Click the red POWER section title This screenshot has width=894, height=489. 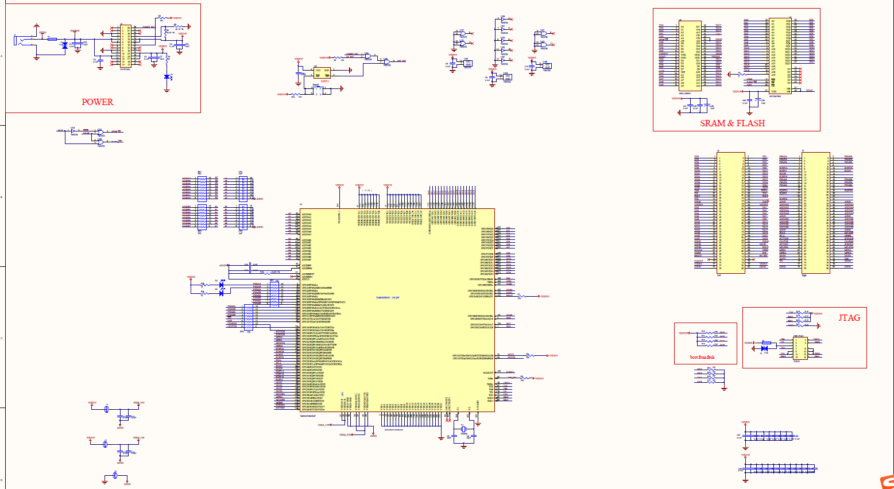click(97, 102)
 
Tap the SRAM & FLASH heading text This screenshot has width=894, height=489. click(732, 123)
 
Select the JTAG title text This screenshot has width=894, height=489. click(849, 318)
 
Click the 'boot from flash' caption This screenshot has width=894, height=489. click(702, 357)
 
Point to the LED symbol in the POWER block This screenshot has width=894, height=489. click(167, 77)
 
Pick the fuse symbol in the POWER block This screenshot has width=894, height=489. click(52, 39)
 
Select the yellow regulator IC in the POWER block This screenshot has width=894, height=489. click(125, 46)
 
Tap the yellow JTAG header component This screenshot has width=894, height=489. click(800, 348)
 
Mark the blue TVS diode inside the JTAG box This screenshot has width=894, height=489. click(764, 348)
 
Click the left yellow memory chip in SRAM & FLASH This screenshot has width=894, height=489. click(690, 56)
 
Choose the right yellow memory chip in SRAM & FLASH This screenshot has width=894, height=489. click(780, 56)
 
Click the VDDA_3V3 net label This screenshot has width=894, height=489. click(139, 403)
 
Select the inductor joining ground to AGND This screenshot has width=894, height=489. click(115, 475)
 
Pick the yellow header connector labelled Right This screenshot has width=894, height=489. click(816, 212)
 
